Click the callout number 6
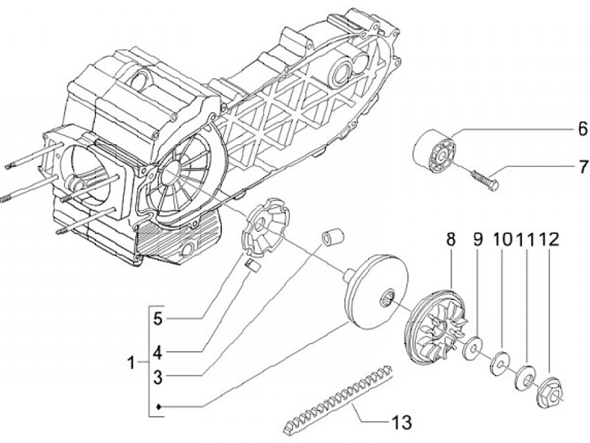coord(582,129)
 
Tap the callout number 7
coord(583,166)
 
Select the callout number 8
coord(452,240)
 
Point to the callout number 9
coord(478,240)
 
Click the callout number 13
coord(402,422)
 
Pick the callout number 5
coord(158,319)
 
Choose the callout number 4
coord(158,353)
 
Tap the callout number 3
coord(158,377)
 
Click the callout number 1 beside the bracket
coord(131,363)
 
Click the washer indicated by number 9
coord(473,348)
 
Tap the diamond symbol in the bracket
coord(159,406)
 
